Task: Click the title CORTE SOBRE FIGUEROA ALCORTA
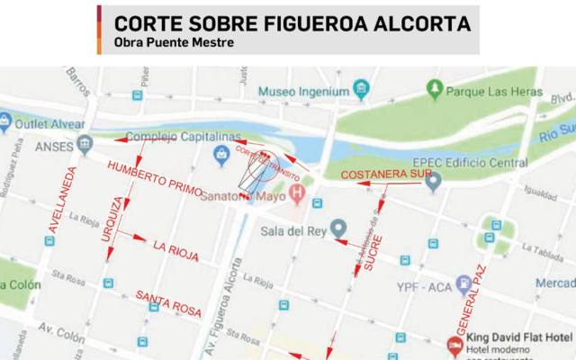point(292,22)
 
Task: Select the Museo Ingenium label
point(303,92)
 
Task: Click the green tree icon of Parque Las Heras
point(436,89)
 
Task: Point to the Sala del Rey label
point(290,229)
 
